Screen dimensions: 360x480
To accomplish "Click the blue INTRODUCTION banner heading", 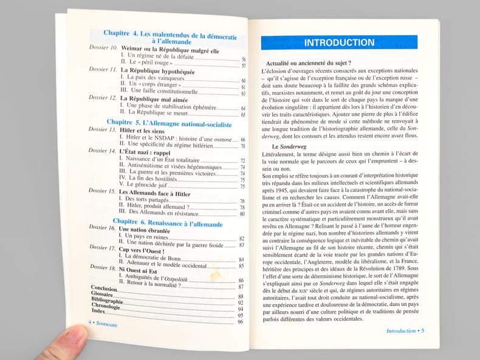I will pyautogui.click(x=339, y=43).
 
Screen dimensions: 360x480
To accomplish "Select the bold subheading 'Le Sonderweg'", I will pyautogui.click(x=292, y=146).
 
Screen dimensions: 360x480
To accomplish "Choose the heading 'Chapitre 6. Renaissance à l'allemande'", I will pyautogui.click(x=165, y=222).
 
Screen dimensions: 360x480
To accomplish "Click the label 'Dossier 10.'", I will pyautogui.click(x=103, y=47).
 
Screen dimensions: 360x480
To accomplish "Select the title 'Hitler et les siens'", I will pyautogui.click(x=142, y=131).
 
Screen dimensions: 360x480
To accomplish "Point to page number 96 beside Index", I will pyautogui.click(x=241, y=321).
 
